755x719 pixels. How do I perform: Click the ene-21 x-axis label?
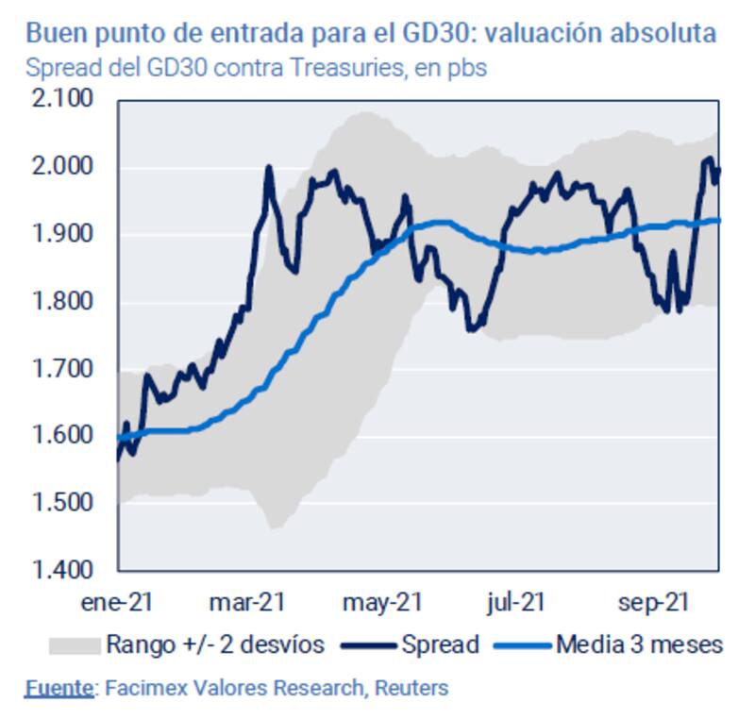(x=118, y=601)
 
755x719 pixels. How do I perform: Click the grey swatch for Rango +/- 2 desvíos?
(x=74, y=645)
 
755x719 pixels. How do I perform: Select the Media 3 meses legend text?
(x=639, y=645)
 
